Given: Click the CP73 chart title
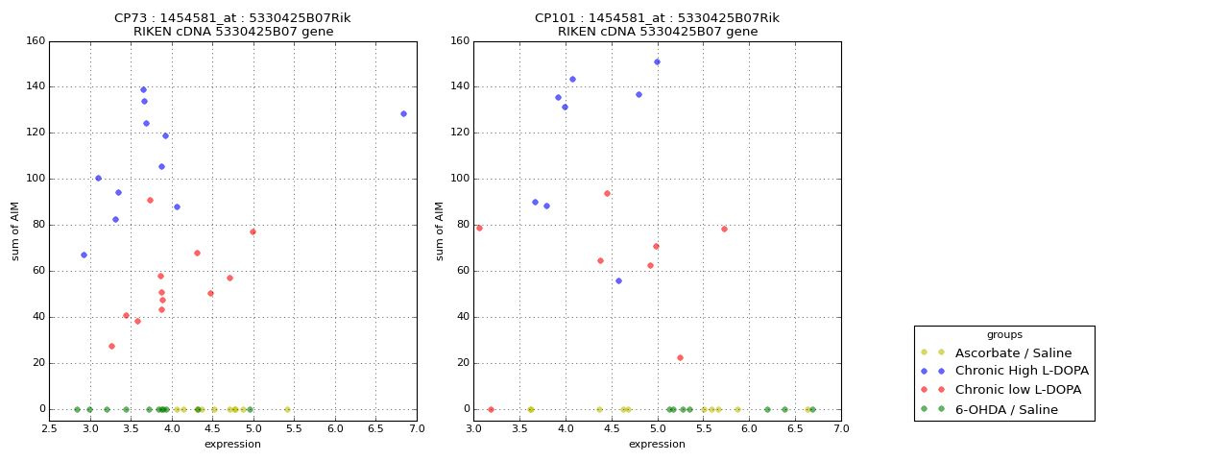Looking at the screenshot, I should (x=233, y=25).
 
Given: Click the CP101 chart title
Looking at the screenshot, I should (x=658, y=25).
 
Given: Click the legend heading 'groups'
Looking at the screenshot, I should (x=1004, y=335).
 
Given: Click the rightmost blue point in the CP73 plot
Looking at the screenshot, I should (x=403, y=113).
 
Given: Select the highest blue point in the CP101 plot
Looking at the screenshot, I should (x=657, y=61).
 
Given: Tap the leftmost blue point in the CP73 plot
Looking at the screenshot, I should (x=84, y=255).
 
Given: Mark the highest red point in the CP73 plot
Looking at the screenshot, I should (x=150, y=200).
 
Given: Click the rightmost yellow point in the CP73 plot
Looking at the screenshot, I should (x=287, y=409).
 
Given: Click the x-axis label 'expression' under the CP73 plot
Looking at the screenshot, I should (x=232, y=444).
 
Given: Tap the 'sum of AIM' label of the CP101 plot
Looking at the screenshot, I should (x=440, y=230).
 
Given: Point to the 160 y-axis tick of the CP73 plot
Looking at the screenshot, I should (x=35, y=41).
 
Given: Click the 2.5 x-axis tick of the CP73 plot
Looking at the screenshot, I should (x=50, y=428).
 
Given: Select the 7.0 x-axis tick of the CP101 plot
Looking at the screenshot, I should (x=840, y=428).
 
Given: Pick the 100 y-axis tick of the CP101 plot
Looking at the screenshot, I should (x=459, y=179).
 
